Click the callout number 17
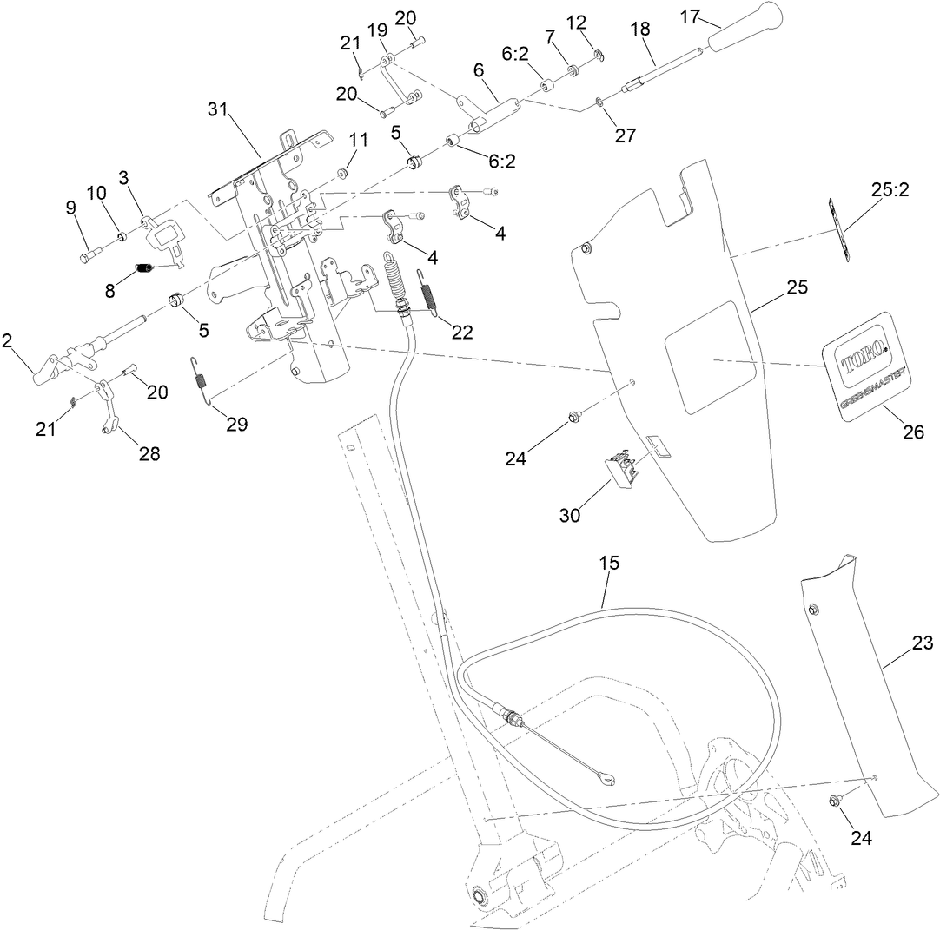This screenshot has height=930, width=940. pos(689,16)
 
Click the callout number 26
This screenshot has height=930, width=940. pos(912,432)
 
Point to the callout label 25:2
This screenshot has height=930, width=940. pos(890,190)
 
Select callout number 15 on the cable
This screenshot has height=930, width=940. pos(609,563)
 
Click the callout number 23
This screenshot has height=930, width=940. pos(922,643)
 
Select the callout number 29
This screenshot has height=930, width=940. pos(235,424)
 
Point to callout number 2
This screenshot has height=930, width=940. pos(7,340)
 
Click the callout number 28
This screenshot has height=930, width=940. pos(149,453)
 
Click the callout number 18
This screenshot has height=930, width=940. pos(639,29)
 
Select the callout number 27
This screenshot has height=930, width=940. pos(625,135)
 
